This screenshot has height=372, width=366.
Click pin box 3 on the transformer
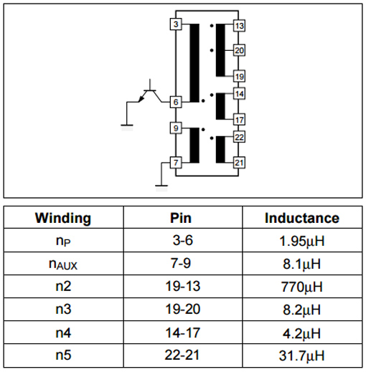[x=176, y=24]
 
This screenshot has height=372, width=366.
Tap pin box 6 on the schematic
[x=176, y=102]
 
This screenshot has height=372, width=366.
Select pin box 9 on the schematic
[x=176, y=128]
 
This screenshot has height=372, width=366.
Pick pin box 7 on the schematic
[x=176, y=163]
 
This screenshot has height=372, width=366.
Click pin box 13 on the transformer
[x=239, y=26]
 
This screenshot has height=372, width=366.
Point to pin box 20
[x=239, y=50]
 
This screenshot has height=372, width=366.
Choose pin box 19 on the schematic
[x=239, y=77]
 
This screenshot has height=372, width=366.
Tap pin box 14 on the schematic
[x=239, y=93]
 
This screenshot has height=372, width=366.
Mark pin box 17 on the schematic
[x=239, y=120]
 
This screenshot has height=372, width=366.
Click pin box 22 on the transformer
[x=239, y=137]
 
